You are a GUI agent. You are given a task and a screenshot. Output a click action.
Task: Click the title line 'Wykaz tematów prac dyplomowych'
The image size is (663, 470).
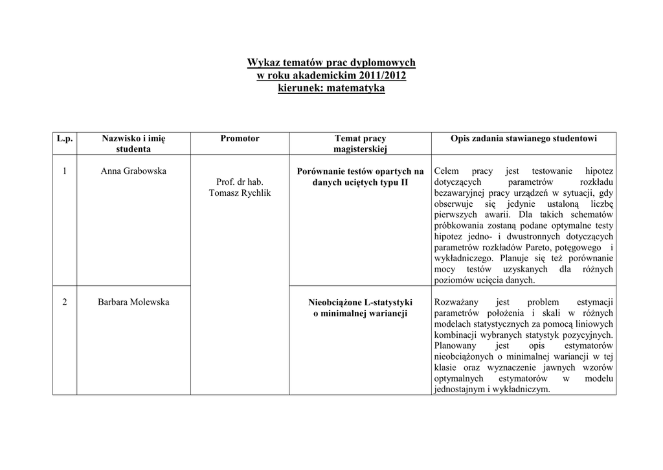(331, 63)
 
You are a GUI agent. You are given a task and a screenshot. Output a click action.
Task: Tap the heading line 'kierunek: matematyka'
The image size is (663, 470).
(331, 88)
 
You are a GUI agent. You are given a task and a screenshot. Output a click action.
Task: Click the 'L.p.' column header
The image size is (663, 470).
(65, 138)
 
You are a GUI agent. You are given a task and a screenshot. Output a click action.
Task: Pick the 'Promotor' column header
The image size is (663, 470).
(240, 138)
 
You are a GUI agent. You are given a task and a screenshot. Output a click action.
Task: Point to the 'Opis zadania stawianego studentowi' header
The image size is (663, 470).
(524, 138)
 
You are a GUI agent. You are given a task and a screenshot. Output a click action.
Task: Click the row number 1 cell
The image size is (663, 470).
(65, 171)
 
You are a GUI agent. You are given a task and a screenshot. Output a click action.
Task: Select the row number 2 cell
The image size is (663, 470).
(65, 302)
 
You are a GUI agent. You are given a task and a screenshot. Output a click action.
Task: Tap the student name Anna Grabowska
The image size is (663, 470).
(133, 171)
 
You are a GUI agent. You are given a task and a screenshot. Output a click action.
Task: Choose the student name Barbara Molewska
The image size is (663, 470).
(133, 302)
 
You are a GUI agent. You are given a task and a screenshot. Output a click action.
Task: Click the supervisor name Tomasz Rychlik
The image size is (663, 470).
(240, 193)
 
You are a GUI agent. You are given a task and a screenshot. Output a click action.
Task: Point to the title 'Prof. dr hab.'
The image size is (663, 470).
(240, 182)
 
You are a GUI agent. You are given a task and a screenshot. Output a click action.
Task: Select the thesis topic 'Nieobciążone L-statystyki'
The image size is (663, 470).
(360, 303)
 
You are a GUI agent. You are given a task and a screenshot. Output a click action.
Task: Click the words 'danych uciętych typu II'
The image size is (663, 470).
(360, 182)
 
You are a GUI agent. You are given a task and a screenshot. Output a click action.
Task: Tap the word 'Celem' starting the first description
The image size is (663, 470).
(447, 171)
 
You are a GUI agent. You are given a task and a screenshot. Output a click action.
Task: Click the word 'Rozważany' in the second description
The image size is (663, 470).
(456, 302)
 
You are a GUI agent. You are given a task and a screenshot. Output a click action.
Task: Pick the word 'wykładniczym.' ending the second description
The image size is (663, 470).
(521, 390)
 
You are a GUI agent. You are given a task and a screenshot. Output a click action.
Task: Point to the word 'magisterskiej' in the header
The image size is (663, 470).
(360, 149)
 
